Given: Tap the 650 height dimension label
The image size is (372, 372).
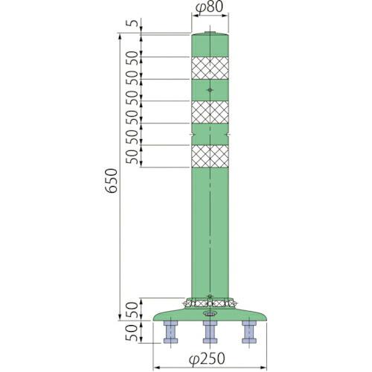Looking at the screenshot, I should point(112,182).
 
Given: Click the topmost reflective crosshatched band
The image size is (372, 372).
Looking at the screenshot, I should point(211,68).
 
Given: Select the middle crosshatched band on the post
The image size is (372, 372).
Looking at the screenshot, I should point(211,112).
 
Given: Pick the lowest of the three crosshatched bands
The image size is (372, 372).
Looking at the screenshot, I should point(211,156).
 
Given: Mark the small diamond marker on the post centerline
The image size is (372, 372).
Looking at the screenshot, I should point(211,91).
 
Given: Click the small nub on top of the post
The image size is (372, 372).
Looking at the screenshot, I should point(211,33).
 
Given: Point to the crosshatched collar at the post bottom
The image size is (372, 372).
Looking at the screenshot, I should point(211,303).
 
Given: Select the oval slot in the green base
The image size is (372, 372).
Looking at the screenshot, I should point(211,313).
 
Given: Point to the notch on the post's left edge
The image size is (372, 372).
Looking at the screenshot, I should point(193,135).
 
